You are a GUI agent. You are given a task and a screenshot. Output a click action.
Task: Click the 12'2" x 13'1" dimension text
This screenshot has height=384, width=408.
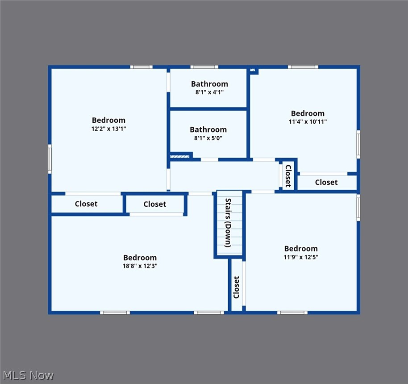108,129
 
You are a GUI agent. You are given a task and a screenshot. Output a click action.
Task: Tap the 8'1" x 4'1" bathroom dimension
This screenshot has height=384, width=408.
209,92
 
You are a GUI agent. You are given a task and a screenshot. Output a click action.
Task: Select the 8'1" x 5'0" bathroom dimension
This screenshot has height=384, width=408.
208,138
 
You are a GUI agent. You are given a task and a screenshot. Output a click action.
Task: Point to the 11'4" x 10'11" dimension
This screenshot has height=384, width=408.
308,121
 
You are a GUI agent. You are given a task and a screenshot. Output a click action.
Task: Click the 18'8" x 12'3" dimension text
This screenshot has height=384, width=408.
140,266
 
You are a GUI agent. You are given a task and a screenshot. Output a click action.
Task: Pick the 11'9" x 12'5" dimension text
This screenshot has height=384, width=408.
301,257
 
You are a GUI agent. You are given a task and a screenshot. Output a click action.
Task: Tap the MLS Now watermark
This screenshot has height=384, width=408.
28,375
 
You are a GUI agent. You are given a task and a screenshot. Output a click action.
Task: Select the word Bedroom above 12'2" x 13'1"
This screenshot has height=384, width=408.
108,120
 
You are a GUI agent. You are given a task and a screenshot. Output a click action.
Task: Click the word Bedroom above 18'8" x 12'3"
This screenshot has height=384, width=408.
140,258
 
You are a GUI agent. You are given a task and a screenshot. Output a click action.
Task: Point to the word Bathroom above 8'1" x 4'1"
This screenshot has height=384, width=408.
209,84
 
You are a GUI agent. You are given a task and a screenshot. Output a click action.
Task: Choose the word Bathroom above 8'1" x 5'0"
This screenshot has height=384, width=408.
208,129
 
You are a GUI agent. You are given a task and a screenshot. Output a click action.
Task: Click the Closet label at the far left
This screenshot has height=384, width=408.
86,204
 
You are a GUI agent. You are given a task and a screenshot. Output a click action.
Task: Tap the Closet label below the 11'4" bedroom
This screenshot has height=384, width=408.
326,182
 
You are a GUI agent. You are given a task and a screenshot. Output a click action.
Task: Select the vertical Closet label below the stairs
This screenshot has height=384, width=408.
236,287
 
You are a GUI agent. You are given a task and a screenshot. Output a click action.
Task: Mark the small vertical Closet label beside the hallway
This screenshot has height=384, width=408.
288,176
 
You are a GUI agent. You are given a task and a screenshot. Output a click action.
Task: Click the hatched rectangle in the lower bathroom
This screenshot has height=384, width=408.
180,156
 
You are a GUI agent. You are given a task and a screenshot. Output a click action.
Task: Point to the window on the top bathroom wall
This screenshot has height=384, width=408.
204,67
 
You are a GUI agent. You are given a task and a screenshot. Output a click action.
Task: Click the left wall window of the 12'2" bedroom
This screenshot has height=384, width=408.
50,159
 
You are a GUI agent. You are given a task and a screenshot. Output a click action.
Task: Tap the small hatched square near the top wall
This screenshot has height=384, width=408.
252,70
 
